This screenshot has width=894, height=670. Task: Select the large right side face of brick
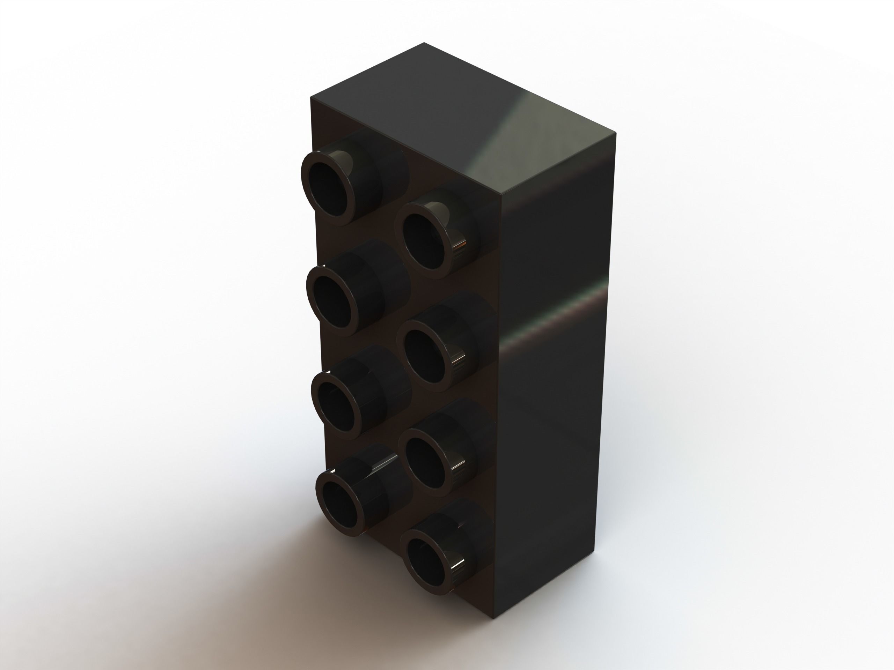click(x=558, y=404)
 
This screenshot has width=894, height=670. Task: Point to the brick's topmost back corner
click(x=424, y=43)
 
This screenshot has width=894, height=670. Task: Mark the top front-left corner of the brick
click(x=311, y=96)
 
